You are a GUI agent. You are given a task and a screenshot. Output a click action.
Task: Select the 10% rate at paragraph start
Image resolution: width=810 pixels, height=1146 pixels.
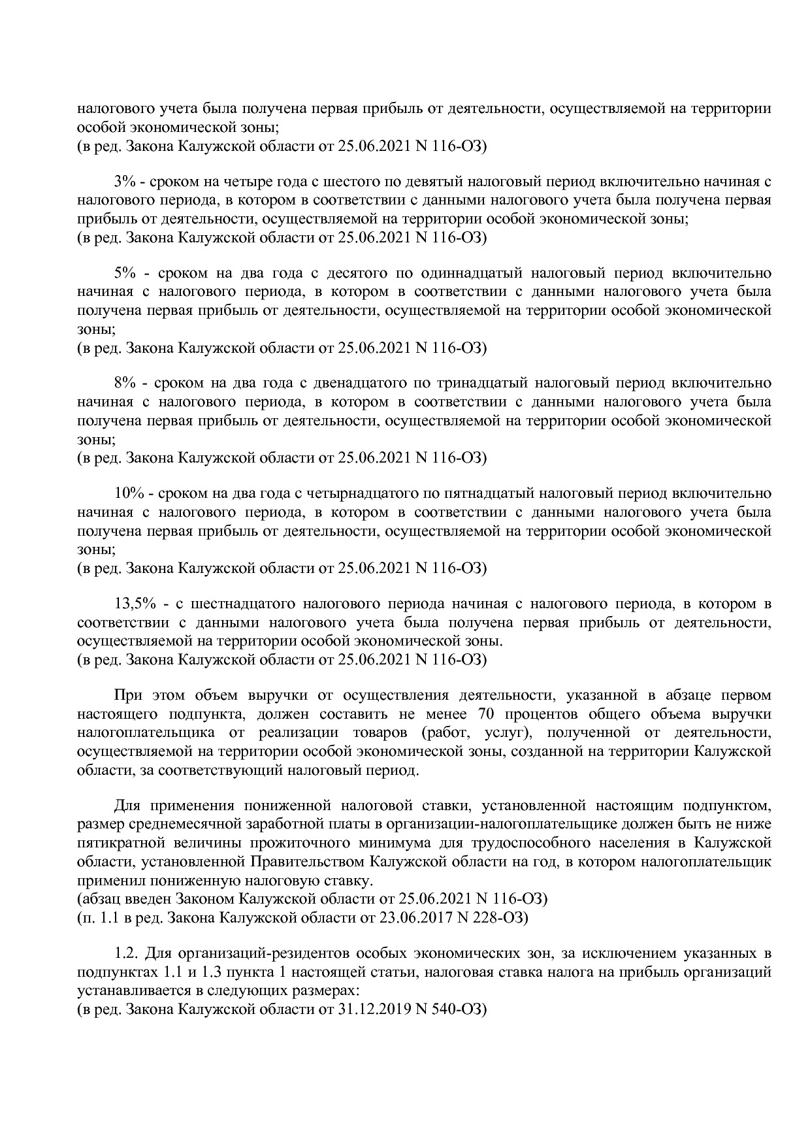(x=128, y=493)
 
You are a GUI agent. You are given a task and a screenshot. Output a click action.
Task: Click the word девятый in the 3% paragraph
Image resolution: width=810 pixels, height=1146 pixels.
(x=456, y=181)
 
